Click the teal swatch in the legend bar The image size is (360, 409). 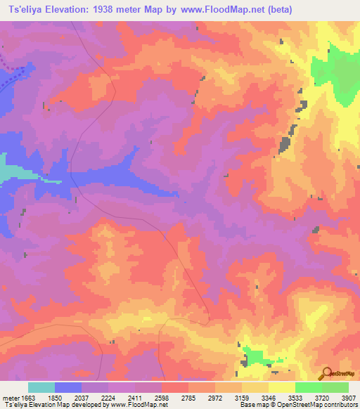41,387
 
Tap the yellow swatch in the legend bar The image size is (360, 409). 281,387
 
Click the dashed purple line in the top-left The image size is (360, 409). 14,73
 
